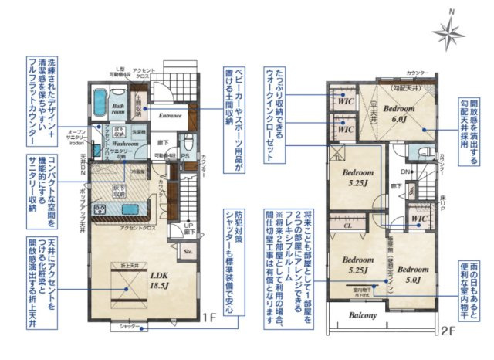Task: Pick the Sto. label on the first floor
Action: pos(187,250)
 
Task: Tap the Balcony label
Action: pos(362,315)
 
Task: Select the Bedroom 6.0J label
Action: pos(401,115)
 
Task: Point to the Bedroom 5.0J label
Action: pos(409,266)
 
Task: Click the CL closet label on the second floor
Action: pos(347,226)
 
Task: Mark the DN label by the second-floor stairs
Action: pos(405,172)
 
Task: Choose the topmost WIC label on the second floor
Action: pos(347,100)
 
